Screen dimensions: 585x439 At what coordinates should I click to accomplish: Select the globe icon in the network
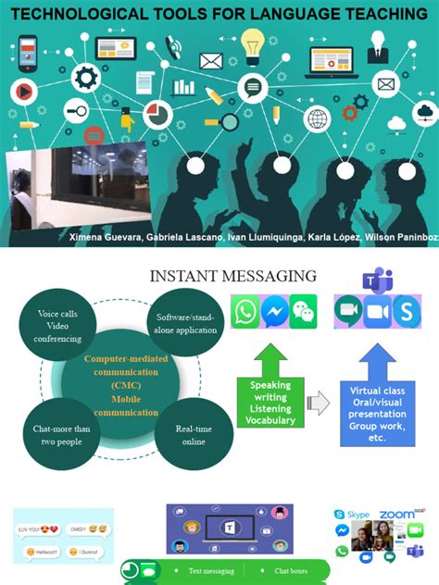point(317,119)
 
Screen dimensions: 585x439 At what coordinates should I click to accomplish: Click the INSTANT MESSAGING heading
point(233,275)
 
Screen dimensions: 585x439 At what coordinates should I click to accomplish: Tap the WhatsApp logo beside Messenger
point(245,312)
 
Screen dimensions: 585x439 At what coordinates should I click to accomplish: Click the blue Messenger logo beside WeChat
point(275,312)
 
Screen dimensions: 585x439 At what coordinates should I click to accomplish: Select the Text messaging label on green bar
point(211,571)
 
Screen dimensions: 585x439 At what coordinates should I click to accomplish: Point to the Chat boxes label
point(290,571)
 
